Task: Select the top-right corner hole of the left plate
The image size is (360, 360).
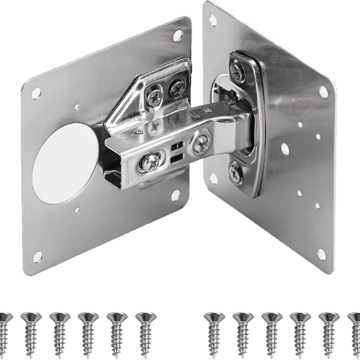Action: [x=177, y=35]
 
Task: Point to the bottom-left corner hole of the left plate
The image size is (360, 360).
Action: [x=37, y=256]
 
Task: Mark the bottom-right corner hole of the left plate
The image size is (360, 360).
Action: [x=176, y=194]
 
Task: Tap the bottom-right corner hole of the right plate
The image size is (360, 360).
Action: [x=322, y=253]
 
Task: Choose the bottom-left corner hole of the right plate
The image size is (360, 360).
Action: [x=214, y=178]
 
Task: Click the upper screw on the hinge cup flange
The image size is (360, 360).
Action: [x=237, y=70]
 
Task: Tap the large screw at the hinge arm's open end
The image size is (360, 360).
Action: [x=151, y=161]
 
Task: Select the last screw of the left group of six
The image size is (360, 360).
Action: [x=146, y=328]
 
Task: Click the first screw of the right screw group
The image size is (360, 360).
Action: [x=211, y=328]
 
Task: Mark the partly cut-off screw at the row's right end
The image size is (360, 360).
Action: [x=354, y=328]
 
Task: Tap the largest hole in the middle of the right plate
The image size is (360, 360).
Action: [x=285, y=149]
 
